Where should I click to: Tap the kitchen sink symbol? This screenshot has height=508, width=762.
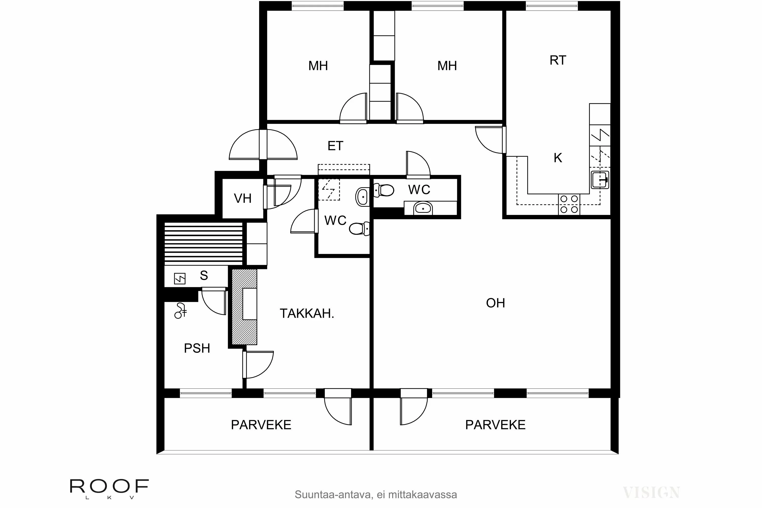tap(600, 180)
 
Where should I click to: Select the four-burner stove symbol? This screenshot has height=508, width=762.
tap(569, 204)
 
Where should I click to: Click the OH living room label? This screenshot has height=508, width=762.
tap(495, 303)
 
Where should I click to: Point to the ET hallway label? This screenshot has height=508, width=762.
tap(335, 146)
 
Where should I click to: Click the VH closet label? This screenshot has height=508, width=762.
tap(243, 199)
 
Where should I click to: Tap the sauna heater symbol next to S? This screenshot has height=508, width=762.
tap(180, 279)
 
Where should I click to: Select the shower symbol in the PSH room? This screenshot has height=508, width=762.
tap(180, 311)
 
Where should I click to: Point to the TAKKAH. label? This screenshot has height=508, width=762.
tap(307, 314)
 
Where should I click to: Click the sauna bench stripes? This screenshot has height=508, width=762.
tap(203, 243)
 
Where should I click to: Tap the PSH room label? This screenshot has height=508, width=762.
tap(197, 348)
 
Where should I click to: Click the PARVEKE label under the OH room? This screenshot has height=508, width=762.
tap(495, 425)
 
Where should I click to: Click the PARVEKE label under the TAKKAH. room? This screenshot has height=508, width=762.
tap(261, 425)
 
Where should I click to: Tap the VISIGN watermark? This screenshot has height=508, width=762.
tap(651, 493)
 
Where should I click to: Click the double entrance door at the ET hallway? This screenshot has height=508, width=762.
tap(263, 145)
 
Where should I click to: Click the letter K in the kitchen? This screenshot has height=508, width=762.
tap(558, 158)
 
